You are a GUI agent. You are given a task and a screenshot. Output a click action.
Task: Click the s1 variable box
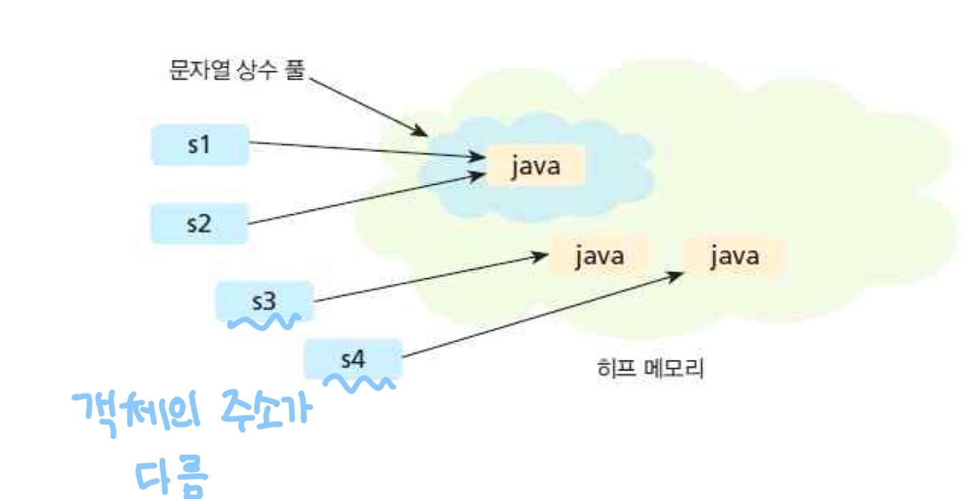pyautogui.click(x=200, y=144)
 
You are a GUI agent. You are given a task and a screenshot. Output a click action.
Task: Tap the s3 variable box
pyautogui.click(x=264, y=300)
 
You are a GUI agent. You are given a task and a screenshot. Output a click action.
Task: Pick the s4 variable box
pyautogui.click(x=353, y=358)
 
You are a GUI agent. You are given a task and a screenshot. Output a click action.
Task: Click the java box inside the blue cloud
pyautogui.click(x=536, y=165)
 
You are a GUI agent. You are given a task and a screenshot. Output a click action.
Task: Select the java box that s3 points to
pyautogui.click(x=599, y=257)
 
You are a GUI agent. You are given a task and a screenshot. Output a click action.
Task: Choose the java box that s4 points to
pyautogui.click(x=734, y=257)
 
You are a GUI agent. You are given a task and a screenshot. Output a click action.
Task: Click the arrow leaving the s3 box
pyautogui.click(x=429, y=278)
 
